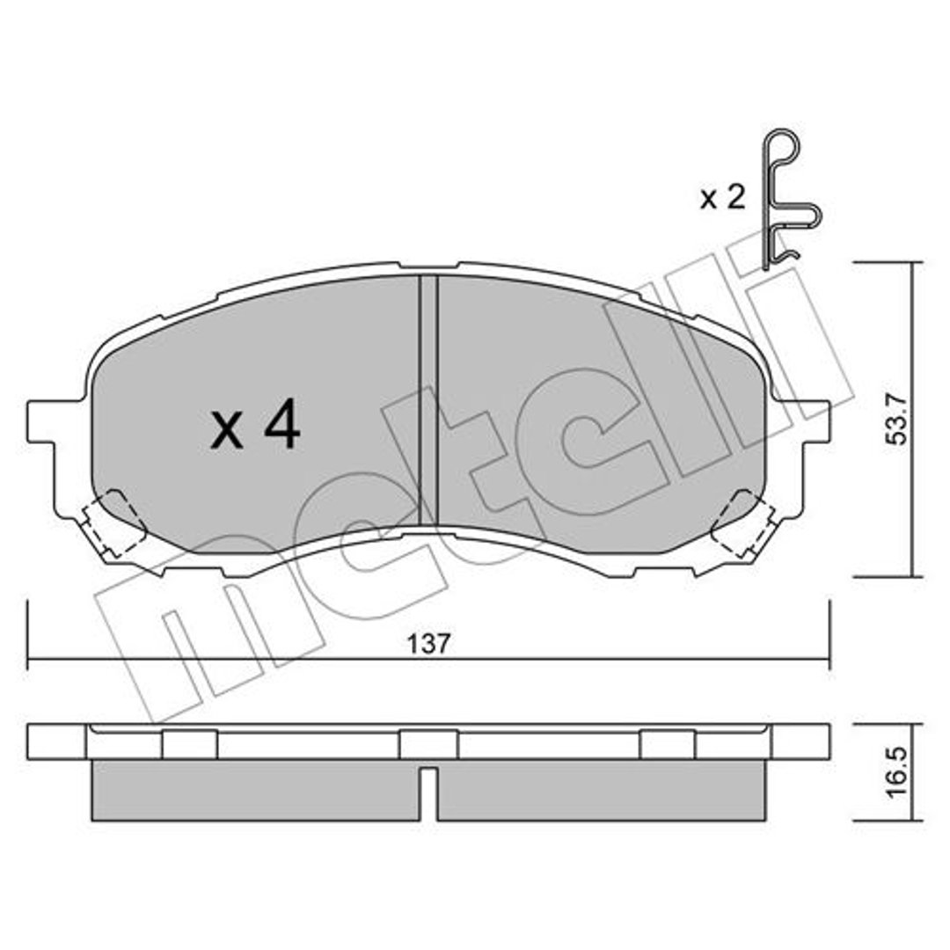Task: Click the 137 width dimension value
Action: (428, 643)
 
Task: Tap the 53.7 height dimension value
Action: (895, 420)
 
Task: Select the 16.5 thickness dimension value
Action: (897, 772)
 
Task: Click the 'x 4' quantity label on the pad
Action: (255, 424)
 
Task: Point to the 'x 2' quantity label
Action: (722, 198)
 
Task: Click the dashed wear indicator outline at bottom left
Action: (113, 524)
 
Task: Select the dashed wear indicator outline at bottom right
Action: (743, 524)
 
